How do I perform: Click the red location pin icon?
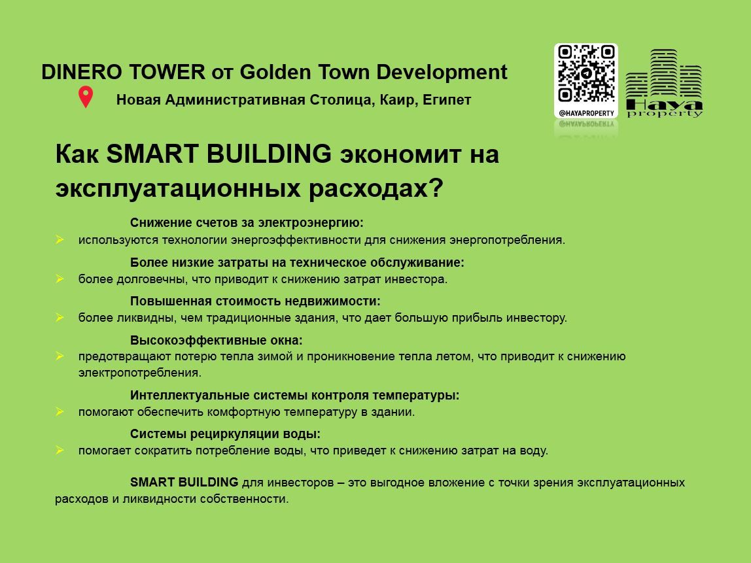click(x=86, y=97)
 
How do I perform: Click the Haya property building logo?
click(x=664, y=83)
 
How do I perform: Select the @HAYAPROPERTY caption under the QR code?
click(x=586, y=114)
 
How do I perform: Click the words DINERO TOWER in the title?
click(x=123, y=73)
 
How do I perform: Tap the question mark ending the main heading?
click(x=436, y=188)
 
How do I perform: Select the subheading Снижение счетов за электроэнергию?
click(x=247, y=222)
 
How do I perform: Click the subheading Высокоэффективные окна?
click(x=217, y=341)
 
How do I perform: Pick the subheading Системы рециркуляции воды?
click(x=225, y=434)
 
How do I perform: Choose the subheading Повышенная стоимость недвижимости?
click(x=255, y=301)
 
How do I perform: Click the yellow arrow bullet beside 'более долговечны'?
click(x=60, y=279)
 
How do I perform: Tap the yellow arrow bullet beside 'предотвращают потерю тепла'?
click(x=60, y=356)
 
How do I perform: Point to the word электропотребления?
click(x=140, y=373)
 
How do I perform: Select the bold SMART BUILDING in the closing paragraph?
click(x=184, y=482)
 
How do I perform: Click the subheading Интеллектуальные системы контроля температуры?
click(x=294, y=396)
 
